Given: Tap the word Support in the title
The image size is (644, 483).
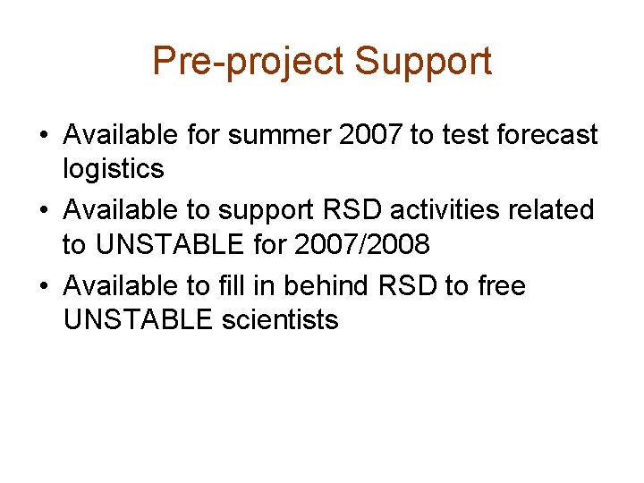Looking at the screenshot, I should click(x=423, y=62).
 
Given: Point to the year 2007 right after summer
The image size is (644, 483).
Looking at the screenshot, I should click(x=369, y=135).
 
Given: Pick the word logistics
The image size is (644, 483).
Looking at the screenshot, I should click(x=114, y=168).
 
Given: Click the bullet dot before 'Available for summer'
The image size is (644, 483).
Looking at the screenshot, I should click(x=44, y=136).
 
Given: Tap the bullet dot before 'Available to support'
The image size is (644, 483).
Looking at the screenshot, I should click(x=44, y=212).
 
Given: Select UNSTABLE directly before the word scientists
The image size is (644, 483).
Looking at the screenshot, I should click(x=139, y=319).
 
